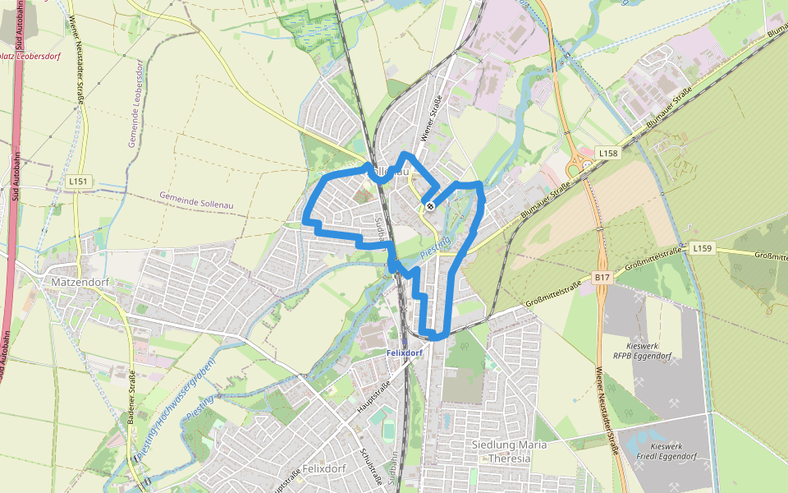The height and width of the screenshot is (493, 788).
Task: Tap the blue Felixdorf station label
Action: (404, 352)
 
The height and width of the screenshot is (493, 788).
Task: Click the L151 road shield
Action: (79, 181)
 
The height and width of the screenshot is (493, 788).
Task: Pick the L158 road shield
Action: (607, 154)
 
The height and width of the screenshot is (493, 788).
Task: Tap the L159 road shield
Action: (702, 247)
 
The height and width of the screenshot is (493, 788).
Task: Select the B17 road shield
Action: (603, 278)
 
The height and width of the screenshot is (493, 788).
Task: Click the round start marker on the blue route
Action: (429, 205)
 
